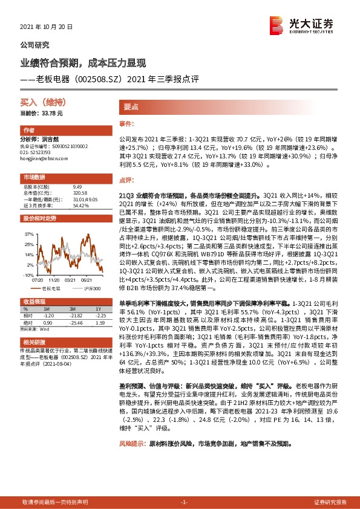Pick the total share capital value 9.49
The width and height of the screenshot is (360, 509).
pos(76,187)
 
